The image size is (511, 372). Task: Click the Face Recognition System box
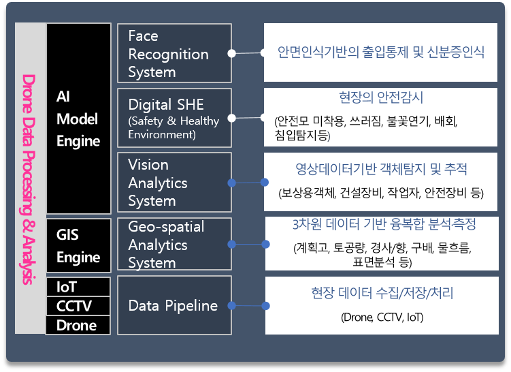click(x=174, y=53)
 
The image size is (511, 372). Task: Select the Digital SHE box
click(x=174, y=118)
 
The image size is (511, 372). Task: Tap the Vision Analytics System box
click(x=174, y=183)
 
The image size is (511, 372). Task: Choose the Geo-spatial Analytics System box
click(x=174, y=244)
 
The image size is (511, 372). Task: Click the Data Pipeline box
click(x=174, y=305)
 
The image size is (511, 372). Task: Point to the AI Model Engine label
click(x=78, y=119)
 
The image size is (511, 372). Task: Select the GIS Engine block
click(x=78, y=245)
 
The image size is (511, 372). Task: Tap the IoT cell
click(x=78, y=287)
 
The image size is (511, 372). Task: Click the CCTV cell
click(x=78, y=306)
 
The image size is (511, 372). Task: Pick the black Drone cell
click(x=78, y=325)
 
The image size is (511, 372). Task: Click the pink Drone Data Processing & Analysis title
click(x=29, y=179)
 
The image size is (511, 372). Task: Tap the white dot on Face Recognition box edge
click(x=232, y=53)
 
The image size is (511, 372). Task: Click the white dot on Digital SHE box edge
click(x=232, y=118)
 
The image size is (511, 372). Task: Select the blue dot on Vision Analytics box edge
click(x=232, y=183)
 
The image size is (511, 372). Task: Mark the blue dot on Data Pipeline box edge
click(x=232, y=306)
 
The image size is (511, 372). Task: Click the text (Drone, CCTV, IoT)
click(x=382, y=317)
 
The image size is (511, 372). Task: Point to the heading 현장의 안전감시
click(x=381, y=97)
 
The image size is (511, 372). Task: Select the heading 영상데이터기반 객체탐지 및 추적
click(x=381, y=169)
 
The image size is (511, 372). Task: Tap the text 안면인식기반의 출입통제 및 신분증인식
click(x=380, y=52)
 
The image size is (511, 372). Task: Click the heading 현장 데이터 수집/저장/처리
click(x=382, y=293)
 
